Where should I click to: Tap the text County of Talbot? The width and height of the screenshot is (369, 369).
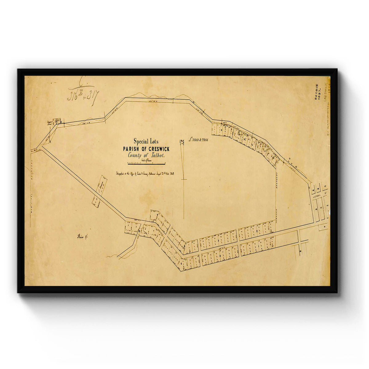pyautogui.click(x=146, y=156)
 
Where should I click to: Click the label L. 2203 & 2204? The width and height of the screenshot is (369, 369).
pyautogui.click(x=199, y=140)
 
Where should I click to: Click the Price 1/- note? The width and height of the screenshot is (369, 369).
pyautogui.click(x=82, y=237)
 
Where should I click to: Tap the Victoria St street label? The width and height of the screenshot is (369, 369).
pyautogui.click(x=318, y=195)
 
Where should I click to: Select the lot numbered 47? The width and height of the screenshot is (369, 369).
pyautogui.click(x=325, y=186)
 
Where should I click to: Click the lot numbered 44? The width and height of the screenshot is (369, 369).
pyautogui.click(x=328, y=205)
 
